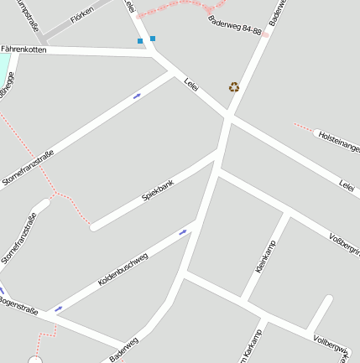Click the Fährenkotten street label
24,50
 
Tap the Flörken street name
82,14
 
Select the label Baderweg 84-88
234,25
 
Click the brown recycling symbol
234,86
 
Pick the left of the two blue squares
140,40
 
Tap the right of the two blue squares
153,39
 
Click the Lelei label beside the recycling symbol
190,86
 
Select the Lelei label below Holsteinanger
347,184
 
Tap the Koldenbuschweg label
123,270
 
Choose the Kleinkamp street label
265,256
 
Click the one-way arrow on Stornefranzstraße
137,96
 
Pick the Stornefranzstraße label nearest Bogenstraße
18,241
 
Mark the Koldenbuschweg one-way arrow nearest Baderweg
182,232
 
